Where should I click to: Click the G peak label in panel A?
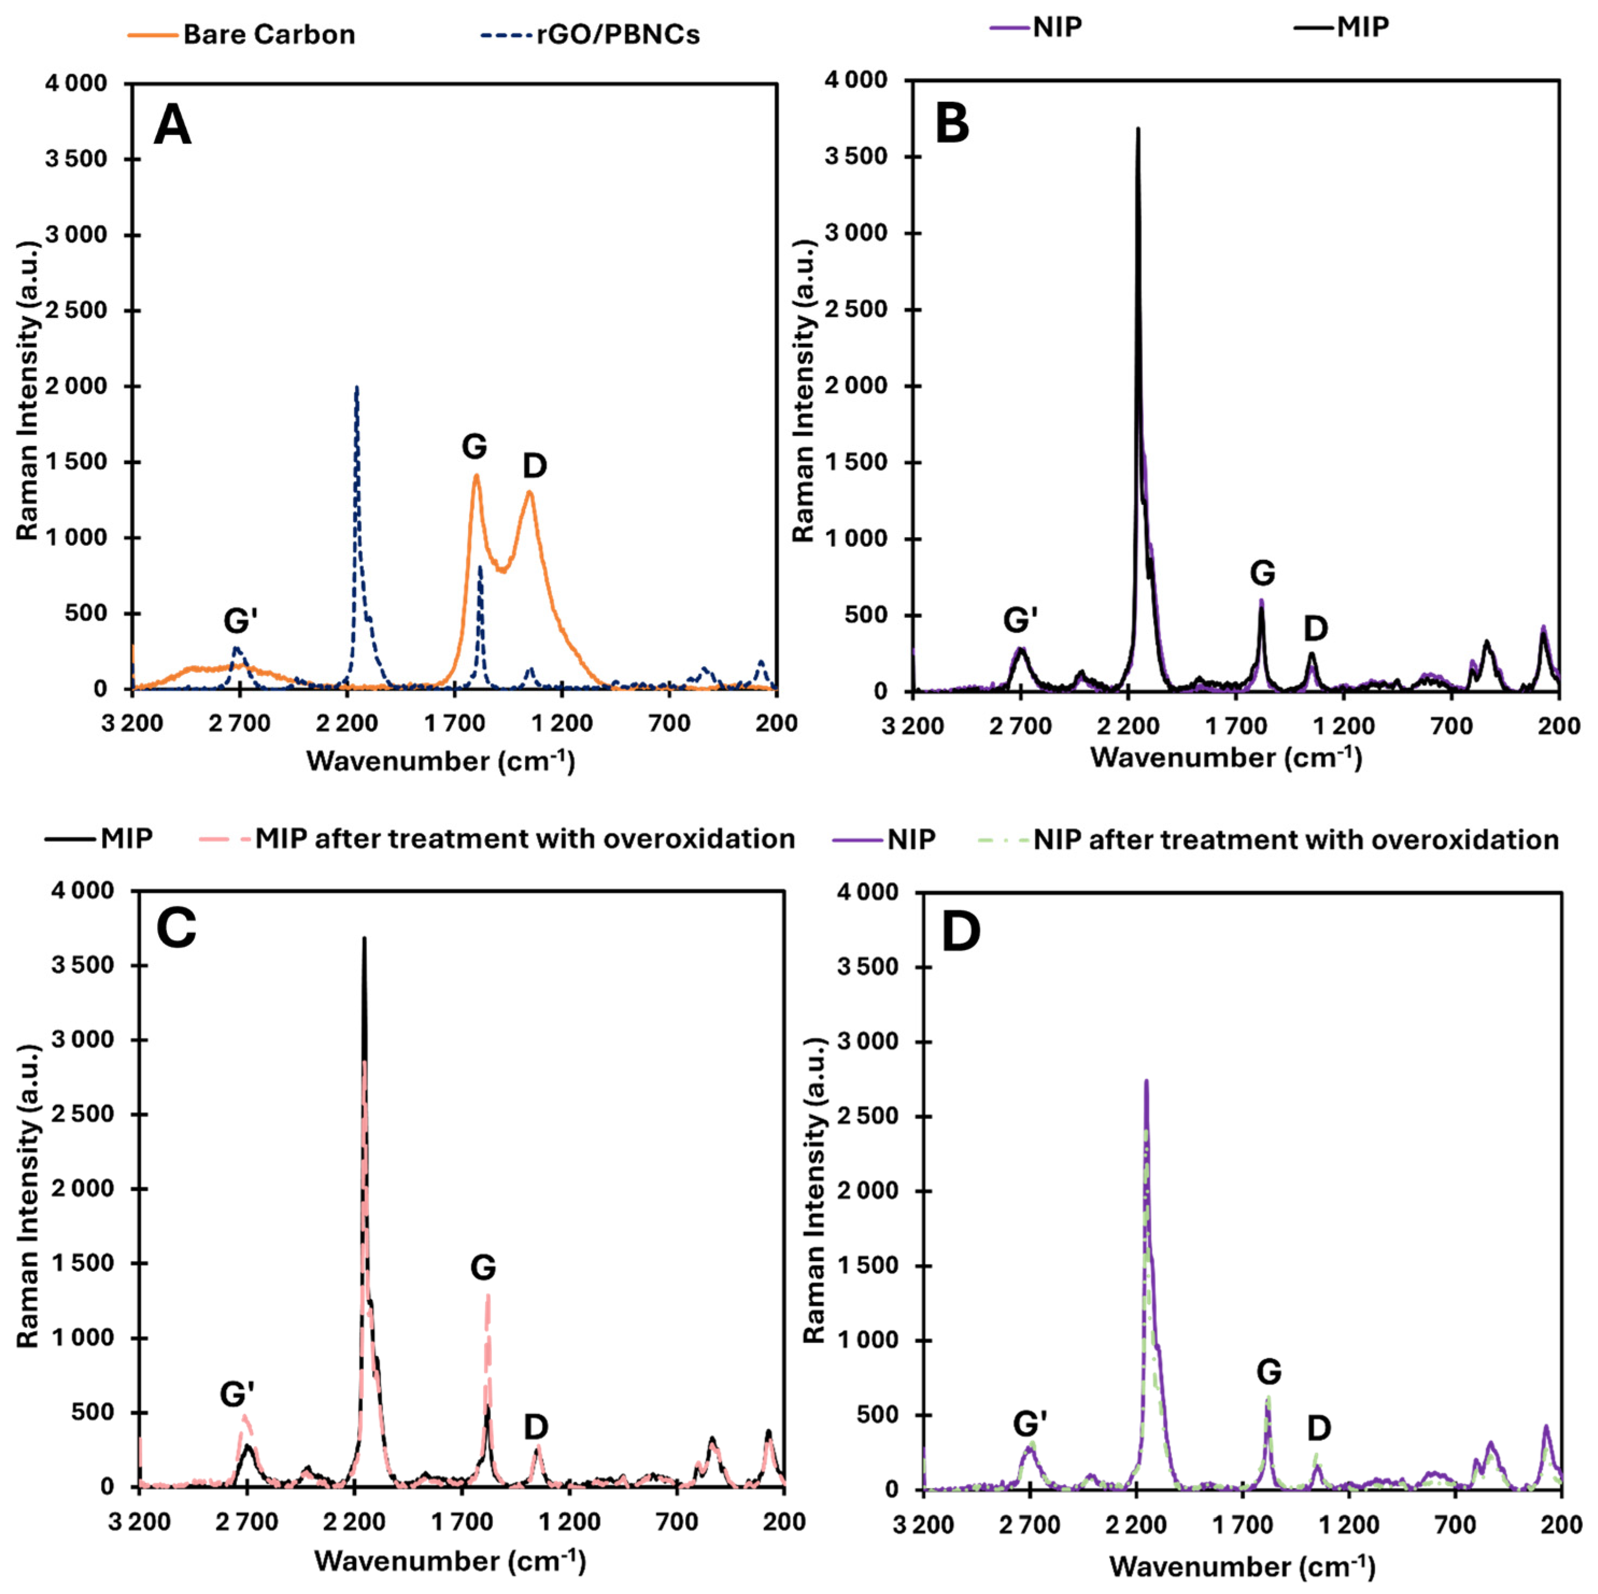pyautogui.click(x=474, y=447)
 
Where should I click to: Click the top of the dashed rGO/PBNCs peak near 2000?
pyautogui.click(x=357, y=387)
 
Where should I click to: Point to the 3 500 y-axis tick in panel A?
pyautogui.click(x=76, y=159)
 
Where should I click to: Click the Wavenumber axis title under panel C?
pyautogui.click(x=450, y=1561)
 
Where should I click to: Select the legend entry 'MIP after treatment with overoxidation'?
pyautogui.click(x=524, y=839)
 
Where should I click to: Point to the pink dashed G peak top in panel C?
pyautogui.click(x=488, y=1294)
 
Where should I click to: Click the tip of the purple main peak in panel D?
pyautogui.click(x=1146, y=1080)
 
